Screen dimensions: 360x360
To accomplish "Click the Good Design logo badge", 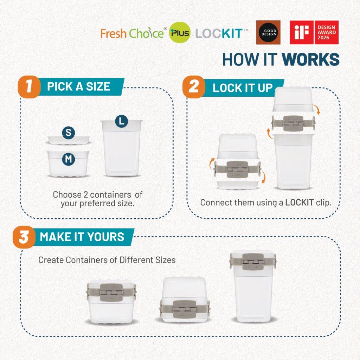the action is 268,32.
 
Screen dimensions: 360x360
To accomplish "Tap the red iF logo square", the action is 301,32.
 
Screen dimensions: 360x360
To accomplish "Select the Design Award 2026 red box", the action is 326,32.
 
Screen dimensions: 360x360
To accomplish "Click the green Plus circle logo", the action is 180,32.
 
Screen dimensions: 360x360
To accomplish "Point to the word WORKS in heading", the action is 311,59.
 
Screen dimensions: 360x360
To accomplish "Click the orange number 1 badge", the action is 29,87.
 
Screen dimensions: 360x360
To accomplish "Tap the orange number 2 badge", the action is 194,87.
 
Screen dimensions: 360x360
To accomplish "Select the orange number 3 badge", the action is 24,237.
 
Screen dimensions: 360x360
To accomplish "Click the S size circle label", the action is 69,133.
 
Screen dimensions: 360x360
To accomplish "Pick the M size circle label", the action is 69,159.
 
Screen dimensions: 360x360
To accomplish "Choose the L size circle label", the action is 121,121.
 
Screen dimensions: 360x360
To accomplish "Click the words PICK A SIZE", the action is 79,86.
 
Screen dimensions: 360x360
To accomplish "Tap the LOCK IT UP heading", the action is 243,88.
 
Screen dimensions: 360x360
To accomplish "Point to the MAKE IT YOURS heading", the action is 82,237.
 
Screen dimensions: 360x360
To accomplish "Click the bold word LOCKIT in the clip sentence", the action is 300,202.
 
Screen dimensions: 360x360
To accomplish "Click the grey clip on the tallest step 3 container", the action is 253,262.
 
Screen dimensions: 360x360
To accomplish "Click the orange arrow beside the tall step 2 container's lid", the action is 317,110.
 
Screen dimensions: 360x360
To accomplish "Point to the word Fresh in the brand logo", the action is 114,33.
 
